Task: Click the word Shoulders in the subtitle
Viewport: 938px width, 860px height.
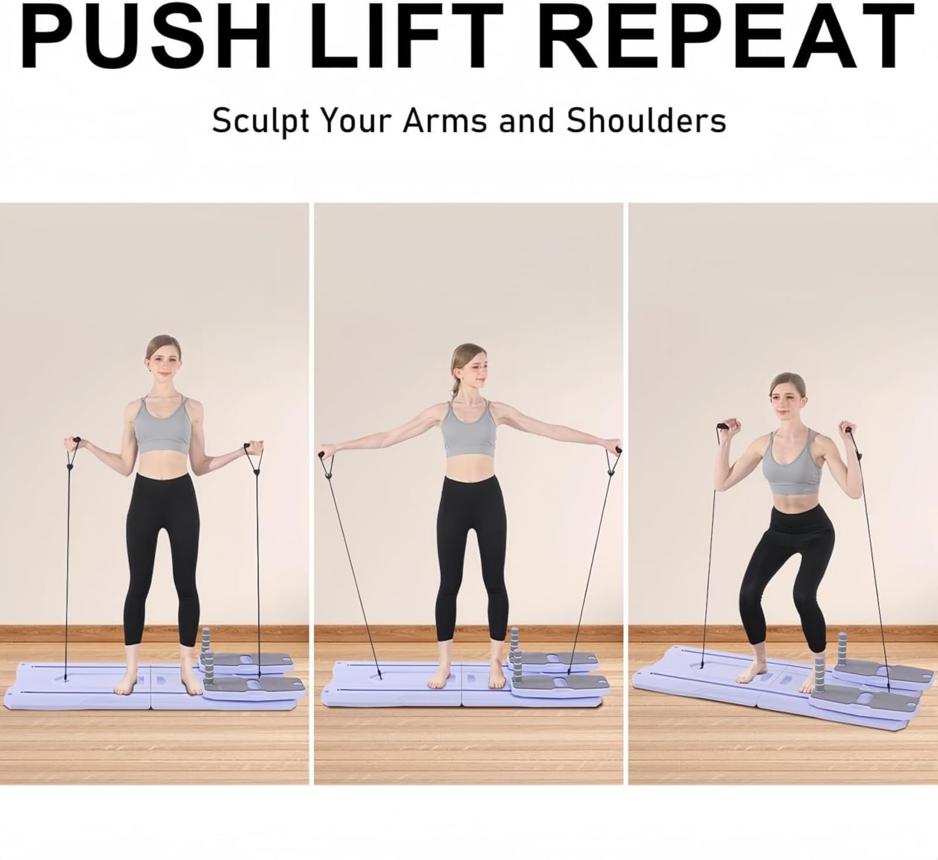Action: pyautogui.click(x=646, y=120)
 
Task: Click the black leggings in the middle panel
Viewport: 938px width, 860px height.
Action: pyautogui.click(x=468, y=551)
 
